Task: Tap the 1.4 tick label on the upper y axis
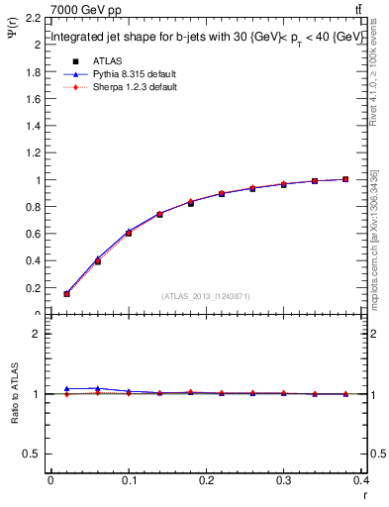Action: (x=33, y=126)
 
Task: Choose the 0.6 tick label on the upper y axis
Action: (x=33, y=234)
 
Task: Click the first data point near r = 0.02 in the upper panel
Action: (x=66, y=293)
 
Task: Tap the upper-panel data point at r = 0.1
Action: (x=129, y=233)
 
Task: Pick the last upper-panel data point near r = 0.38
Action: (x=345, y=179)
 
